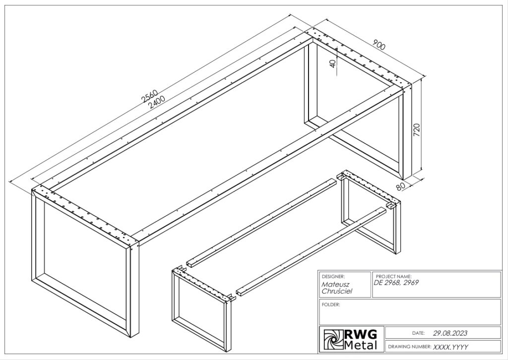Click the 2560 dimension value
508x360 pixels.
(x=150, y=96)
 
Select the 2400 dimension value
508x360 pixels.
(x=156, y=102)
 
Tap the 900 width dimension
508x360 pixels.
(x=379, y=45)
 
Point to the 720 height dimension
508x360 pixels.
(x=417, y=129)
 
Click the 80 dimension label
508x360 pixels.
(x=401, y=186)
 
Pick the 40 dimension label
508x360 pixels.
(x=333, y=64)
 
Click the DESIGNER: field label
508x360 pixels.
(x=333, y=277)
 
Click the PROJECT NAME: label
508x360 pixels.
(x=393, y=277)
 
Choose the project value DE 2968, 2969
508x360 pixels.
(x=396, y=283)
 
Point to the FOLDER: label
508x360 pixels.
(x=331, y=304)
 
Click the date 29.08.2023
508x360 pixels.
(x=450, y=333)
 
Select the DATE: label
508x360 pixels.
(x=418, y=333)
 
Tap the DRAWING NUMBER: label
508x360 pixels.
(x=409, y=347)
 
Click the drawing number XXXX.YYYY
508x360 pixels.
(x=450, y=347)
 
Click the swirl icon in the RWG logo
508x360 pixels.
(x=333, y=340)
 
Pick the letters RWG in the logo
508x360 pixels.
(x=361, y=334)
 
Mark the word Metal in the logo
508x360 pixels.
(x=361, y=346)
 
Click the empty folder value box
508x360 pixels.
(x=410, y=312)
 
